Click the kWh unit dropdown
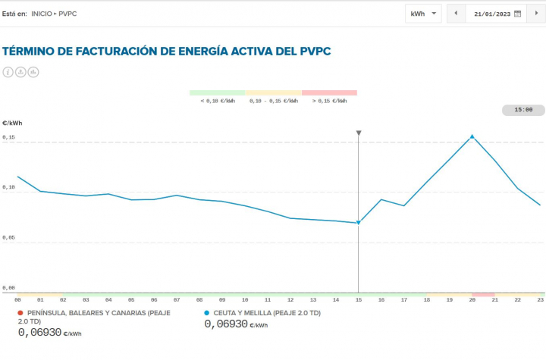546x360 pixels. [424, 14]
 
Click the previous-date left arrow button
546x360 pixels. [456, 14]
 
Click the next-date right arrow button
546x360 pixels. [536, 14]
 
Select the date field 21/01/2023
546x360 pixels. [492, 14]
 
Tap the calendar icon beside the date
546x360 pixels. [518, 14]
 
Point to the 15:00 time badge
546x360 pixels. [523, 110]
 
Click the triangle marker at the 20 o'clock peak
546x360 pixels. [472, 136]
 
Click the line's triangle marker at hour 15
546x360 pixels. [359, 222]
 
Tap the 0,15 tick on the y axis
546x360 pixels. [9, 137]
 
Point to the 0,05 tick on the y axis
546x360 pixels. [9, 238]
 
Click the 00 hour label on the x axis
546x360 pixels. [17, 300]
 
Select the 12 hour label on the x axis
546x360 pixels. [290, 300]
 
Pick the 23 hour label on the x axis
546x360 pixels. [540, 300]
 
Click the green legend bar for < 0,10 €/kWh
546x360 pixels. [218, 92]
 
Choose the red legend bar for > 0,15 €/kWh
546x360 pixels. [329, 92]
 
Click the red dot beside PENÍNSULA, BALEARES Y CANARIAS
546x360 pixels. [20, 313]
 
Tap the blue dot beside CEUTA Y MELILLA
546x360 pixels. [207, 313]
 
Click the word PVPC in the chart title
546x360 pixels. [311, 51]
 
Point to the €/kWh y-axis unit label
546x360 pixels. [12, 122]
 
